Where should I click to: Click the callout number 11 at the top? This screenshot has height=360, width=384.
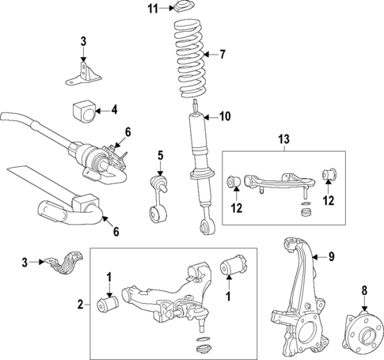153,9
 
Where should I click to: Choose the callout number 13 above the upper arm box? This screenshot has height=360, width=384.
284,139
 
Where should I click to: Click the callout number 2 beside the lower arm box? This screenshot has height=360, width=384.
79,303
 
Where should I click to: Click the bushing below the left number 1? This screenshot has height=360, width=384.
108,302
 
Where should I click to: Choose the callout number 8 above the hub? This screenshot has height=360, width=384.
363,290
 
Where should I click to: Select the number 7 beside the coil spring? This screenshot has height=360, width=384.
222,55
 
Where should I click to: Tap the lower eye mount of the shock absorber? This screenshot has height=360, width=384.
206,228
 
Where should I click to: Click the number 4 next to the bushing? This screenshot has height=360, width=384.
113,109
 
